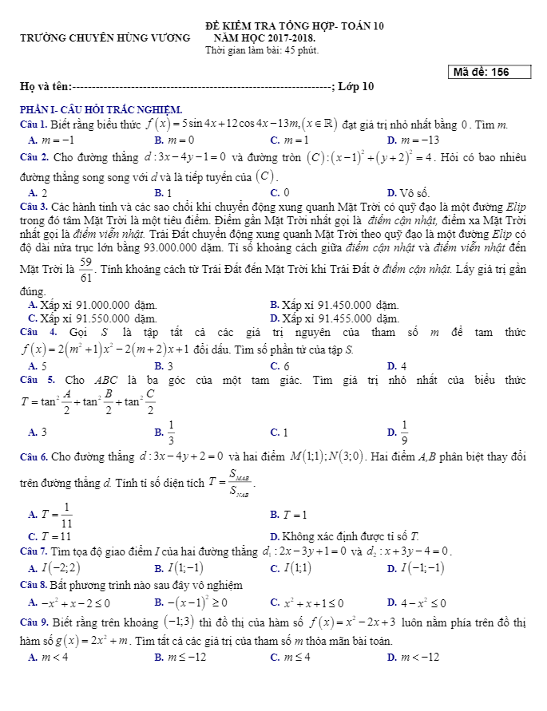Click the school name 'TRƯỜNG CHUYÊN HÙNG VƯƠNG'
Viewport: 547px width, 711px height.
tap(105, 38)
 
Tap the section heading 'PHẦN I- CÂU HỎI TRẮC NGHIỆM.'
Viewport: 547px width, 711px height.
tap(101, 109)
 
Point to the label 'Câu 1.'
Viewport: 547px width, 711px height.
tap(34, 125)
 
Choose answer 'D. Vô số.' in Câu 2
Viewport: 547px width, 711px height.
tap(408, 193)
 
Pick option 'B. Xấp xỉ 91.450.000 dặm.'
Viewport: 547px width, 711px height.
tap(335, 305)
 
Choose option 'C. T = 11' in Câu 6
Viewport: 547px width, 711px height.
tap(50, 535)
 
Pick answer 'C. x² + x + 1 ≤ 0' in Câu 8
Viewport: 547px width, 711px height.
tap(307, 602)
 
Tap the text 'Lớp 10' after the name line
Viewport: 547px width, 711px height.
tap(356, 87)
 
